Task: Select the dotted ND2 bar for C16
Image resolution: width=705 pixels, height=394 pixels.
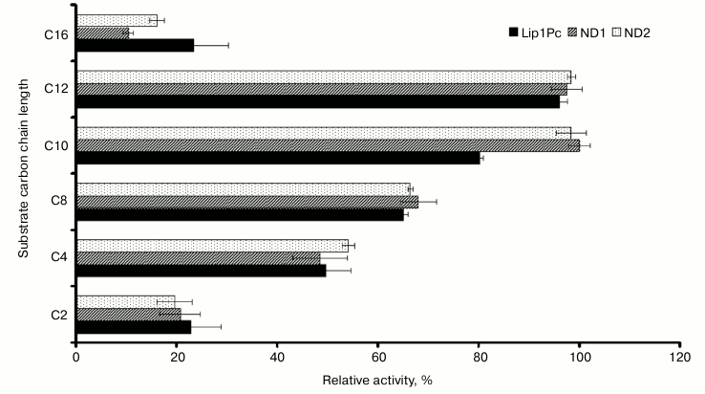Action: coord(117,20)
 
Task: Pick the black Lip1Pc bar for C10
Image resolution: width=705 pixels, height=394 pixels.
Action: coord(277,158)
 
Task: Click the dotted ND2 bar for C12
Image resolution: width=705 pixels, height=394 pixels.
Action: coord(323,77)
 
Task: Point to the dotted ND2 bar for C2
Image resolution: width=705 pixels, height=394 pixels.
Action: coord(125,301)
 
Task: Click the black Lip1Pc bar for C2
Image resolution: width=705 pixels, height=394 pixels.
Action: coord(134,326)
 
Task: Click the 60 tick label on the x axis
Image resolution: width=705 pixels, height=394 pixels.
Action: coord(377,361)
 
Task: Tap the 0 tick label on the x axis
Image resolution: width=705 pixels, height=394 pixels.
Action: coord(76,361)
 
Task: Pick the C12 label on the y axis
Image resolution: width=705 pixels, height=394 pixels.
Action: coord(54,89)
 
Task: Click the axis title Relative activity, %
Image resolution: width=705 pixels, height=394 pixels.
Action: coord(377,381)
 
